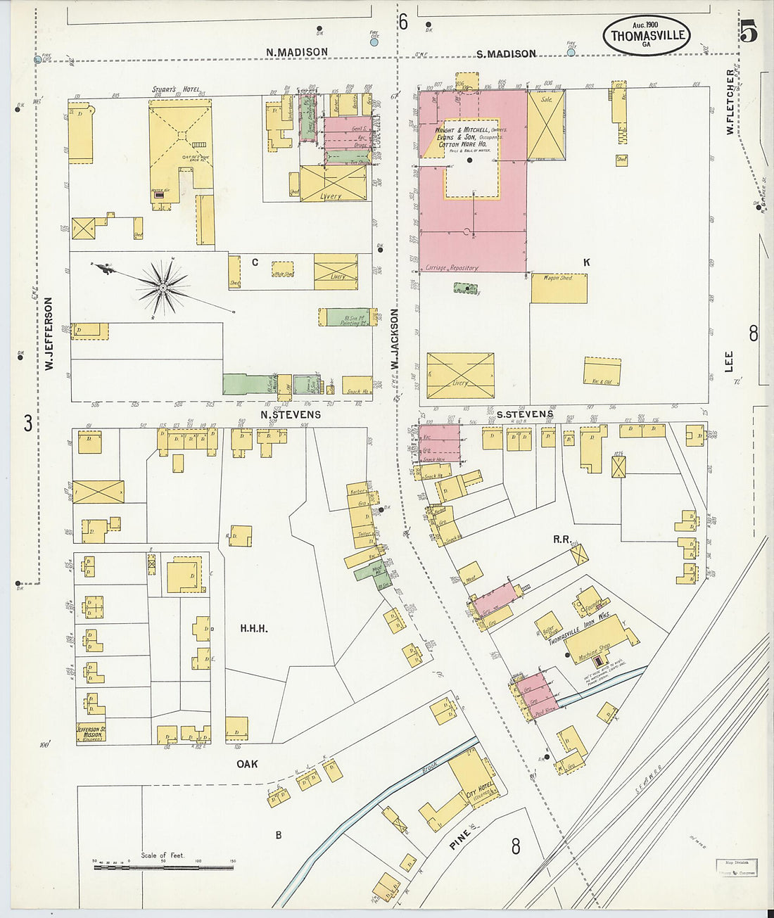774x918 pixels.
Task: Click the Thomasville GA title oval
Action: click(645, 35)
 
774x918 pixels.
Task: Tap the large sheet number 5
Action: click(749, 31)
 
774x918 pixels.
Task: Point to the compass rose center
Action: click(163, 287)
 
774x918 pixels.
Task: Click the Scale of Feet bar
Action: click(163, 867)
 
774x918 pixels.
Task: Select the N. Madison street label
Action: click(296, 52)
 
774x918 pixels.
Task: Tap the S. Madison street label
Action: click(506, 53)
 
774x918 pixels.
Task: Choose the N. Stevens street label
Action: click(291, 414)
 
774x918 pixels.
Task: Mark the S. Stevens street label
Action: click(524, 414)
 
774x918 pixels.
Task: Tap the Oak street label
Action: click(247, 764)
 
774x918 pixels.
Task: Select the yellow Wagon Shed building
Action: click(559, 288)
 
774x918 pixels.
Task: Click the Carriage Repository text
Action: click(452, 268)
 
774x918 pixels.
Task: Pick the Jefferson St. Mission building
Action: click(91, 733)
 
